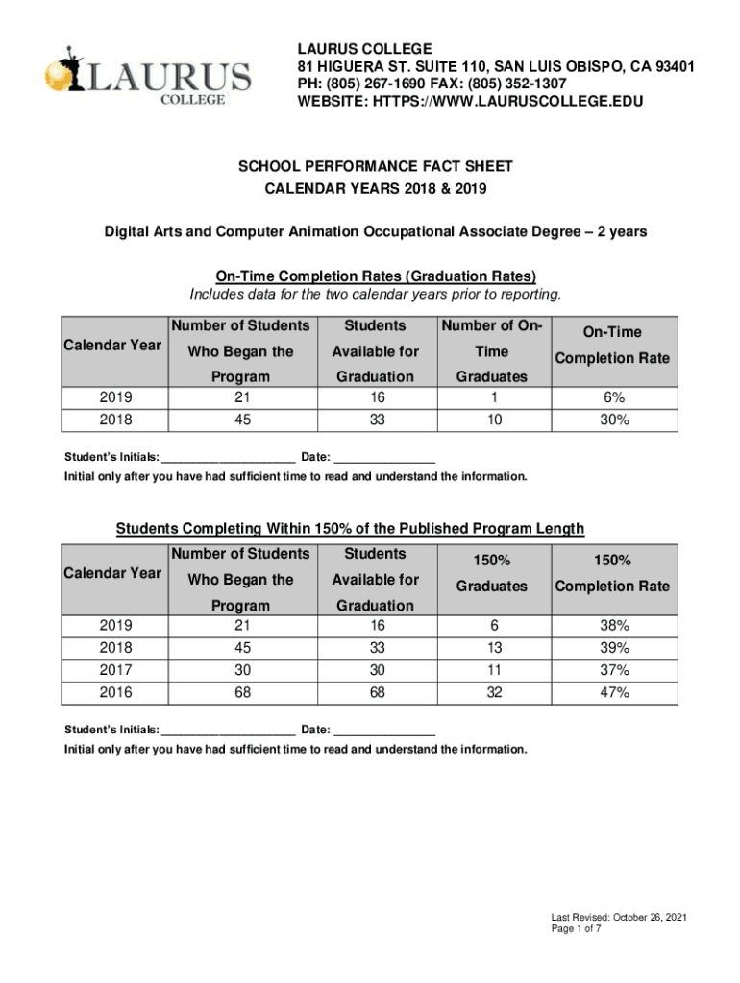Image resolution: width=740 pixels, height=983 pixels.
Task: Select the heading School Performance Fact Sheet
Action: [x=376, y=166]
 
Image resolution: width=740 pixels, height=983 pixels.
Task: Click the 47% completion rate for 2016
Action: [x=613, y=692]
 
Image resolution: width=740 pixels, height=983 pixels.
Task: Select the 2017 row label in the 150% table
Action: [x=115, y=669]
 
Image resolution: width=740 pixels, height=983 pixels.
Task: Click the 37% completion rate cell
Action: [x=613, y=669]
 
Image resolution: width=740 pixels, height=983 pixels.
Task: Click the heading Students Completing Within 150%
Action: [x=350, y=529]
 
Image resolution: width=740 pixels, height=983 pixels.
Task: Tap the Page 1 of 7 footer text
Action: [x=576, y=930]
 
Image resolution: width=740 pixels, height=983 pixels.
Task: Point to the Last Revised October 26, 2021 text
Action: [x=618, y=917]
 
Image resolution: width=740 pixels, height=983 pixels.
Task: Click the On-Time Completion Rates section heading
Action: [x=376, y=276]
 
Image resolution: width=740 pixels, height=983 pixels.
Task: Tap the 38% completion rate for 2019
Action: [x=613, y=625]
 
